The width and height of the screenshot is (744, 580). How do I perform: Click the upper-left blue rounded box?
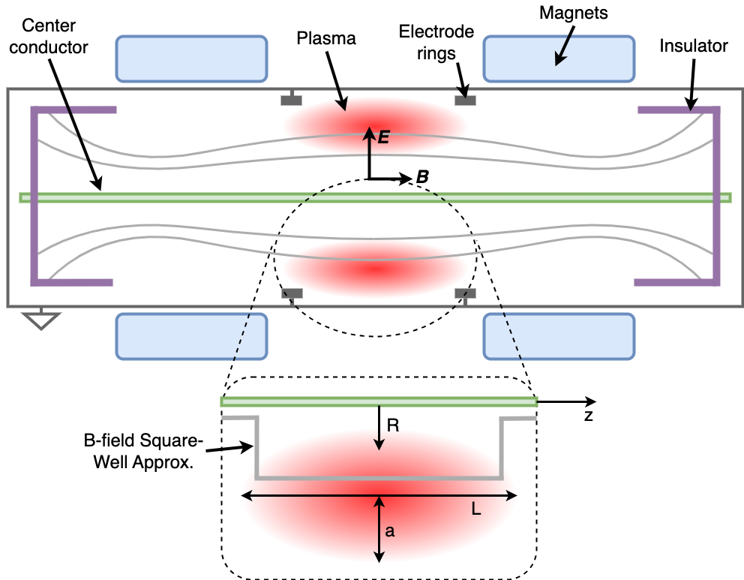[191, 58]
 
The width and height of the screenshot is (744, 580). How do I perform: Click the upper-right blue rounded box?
[559, 58]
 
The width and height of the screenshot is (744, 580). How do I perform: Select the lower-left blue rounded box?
[191, 336]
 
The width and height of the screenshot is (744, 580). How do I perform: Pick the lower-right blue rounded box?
[559, 336]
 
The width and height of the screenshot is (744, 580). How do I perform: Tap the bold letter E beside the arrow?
[384, 137]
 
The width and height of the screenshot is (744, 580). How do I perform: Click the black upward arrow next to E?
[369, 142]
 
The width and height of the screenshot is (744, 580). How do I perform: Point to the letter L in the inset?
[476, 509]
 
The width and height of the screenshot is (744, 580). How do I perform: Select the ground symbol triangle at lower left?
[40, 320]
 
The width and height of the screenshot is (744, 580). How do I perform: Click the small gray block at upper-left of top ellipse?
[291, 100]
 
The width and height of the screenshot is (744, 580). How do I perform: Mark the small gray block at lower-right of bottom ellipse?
[465, 293]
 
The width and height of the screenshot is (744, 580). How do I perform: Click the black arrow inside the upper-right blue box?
[562, 50]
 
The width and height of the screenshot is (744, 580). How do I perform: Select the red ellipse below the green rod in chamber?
[375, 269]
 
